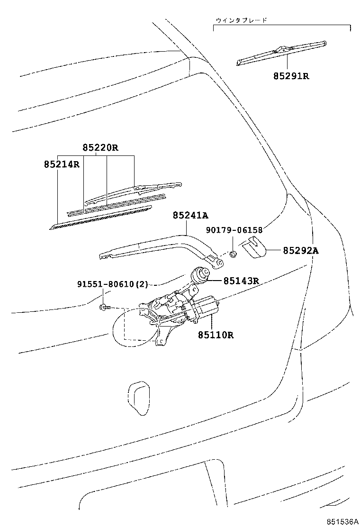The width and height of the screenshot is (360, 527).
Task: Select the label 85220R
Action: [x=100, y=147]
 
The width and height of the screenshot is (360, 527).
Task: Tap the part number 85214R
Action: [x=62, y=164]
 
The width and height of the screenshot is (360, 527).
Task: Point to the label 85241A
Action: [x=190, y=216]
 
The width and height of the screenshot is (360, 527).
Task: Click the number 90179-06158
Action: [x=234, y=230]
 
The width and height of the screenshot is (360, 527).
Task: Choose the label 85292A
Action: [x=301, y=251]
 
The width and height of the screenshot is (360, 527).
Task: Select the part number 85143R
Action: [x=241, y=280]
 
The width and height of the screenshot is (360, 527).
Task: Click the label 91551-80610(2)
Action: [x=113, y=285]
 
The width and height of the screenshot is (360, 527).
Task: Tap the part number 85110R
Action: [x=216, y=335]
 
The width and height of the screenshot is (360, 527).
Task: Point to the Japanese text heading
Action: [x=241, y=20]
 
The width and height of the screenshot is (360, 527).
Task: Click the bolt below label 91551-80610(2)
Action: [x=105, y=308]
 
